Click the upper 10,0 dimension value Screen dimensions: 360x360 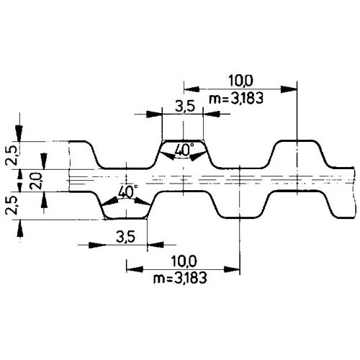tap(240, 81)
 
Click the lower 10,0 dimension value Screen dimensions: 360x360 tap(184, 261)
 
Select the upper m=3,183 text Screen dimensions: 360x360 tap(236, 99)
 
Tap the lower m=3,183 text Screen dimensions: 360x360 tap(180, 279)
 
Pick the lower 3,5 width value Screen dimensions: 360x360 tap(126, 237)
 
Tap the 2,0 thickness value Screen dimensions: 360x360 tap(37, 181)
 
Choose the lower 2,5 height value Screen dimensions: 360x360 tap(11, 205)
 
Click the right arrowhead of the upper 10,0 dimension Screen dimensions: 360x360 tap(289, 89)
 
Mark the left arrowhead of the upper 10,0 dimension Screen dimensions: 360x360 tap(192, 89)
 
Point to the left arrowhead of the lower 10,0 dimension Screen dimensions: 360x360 tap(135, 269)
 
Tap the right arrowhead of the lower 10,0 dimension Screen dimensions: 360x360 tap(232, 269)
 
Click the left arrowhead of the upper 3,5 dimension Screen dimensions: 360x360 tap(154, 114)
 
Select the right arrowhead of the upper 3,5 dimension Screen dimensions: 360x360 tap(212, 114)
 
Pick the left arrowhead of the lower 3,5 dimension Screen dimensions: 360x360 tap(97, 245)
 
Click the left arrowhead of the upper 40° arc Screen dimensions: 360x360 tap(166, 156)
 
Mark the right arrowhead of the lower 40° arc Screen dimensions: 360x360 tap(143, 201)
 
